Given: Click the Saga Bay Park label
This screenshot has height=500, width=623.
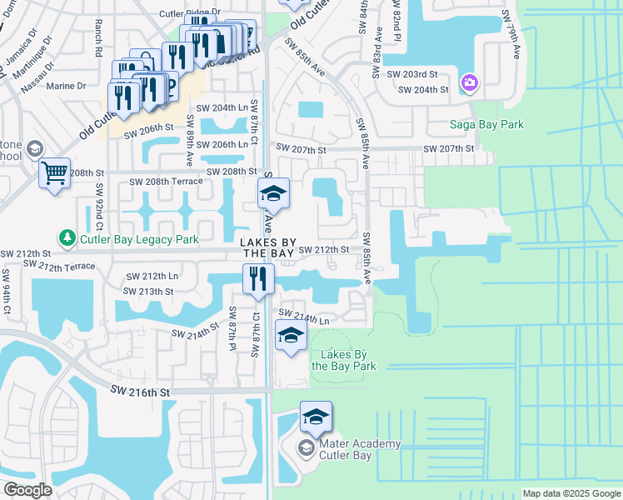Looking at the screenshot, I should (487, 125).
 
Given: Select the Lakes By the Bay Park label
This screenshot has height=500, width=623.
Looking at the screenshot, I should (343, 360).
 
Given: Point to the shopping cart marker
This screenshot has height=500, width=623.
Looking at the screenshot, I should (54, 174).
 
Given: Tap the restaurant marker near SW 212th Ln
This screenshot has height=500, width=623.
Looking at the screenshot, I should (258, 279).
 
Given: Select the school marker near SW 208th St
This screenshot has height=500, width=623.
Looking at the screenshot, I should (272, 194).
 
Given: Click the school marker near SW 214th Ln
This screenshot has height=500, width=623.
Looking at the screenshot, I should (290, 335).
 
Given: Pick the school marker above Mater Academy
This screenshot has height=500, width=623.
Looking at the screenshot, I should (316, 417).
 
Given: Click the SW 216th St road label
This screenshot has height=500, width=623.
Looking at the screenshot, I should (140, 391).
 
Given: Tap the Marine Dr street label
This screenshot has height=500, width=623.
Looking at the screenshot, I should (66, 85).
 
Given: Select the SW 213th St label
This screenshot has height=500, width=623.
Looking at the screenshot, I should (148, 292).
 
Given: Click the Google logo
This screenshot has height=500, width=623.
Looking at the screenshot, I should (27, 490).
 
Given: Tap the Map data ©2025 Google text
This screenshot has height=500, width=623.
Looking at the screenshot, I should (571, 493).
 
